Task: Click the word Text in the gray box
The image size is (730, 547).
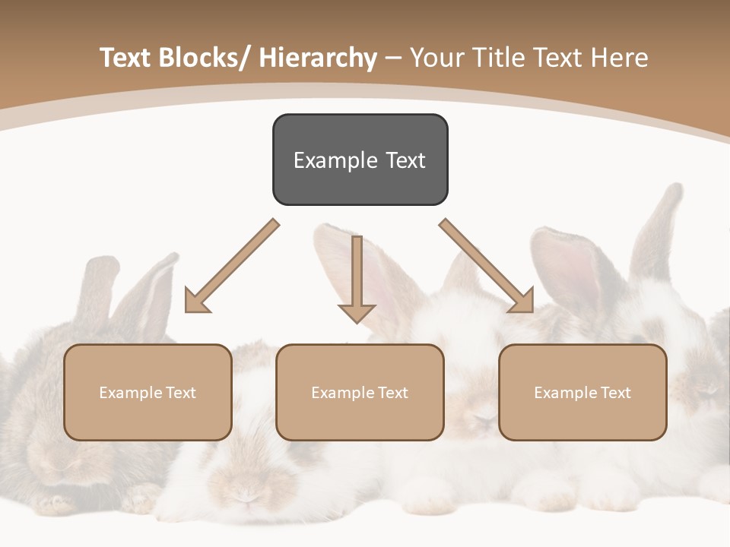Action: [405, 160]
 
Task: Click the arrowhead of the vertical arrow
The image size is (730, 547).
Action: [357, 312]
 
